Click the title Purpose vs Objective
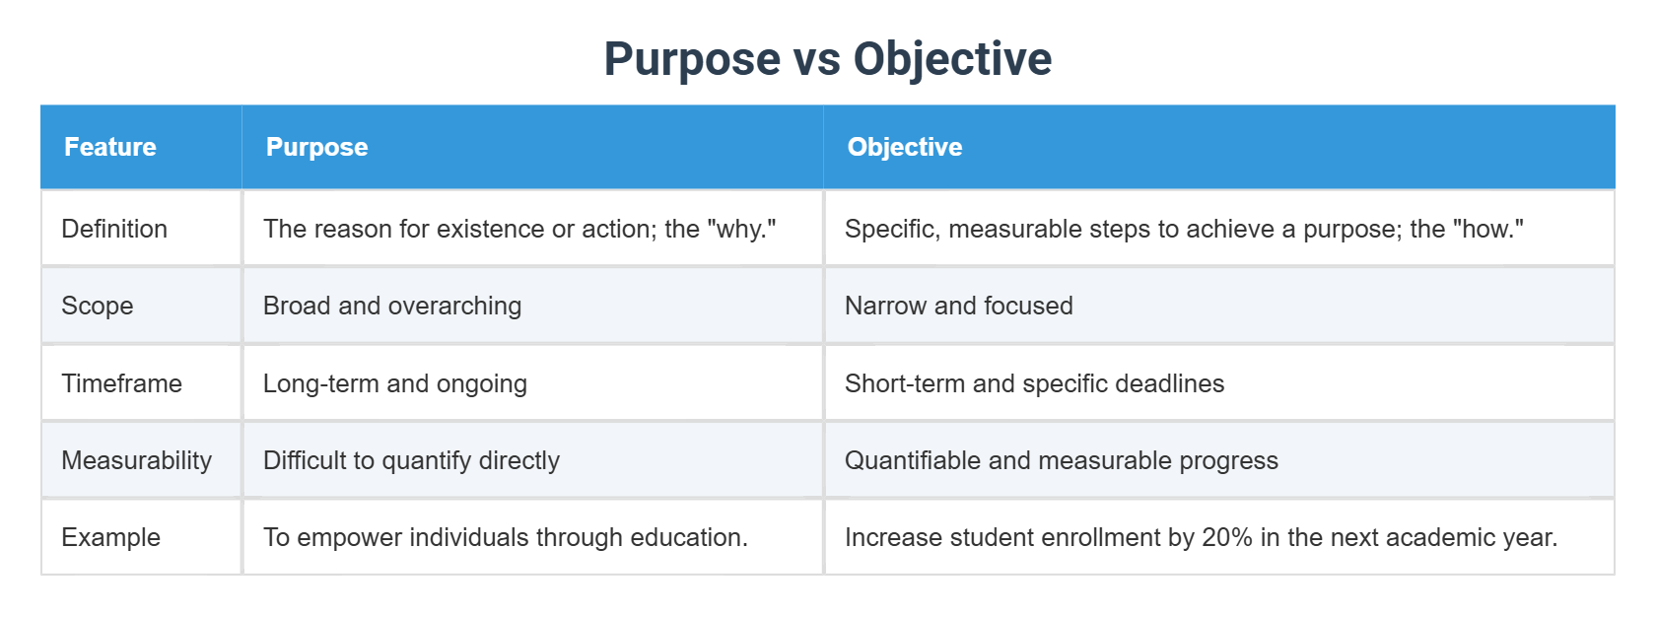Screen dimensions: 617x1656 [x=828, y=58]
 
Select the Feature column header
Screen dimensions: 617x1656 [x=110, y=147]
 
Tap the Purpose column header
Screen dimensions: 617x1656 [x=316, y=147]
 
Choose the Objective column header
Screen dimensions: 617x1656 [x=904, y=147]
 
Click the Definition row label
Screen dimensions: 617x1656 [x=114, y=229]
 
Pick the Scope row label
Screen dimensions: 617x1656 [x=97, y=306]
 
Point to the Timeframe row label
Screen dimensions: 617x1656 [x=121, y=383]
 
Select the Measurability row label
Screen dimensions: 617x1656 [x=136, y=460]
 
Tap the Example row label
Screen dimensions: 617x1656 [x=110, y=537]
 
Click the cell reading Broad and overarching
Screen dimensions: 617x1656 [x=392, y=306]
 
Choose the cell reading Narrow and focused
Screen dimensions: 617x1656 [x=958, y=306]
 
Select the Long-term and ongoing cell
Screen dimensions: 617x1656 [x=394, y=383]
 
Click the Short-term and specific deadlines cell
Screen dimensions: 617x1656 [x=1034, y=383]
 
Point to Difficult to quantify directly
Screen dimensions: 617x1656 [x=411, y=460]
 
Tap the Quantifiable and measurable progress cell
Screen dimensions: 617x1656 [x=1061, y=460]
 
